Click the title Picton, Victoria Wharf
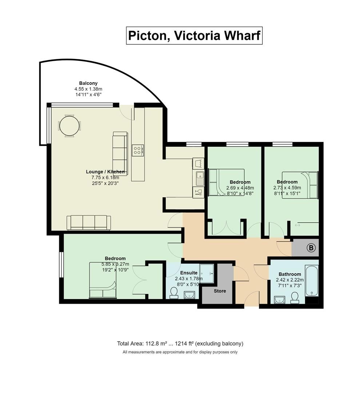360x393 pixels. click(x=194, y=36)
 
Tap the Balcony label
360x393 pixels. click(x=88, y=83)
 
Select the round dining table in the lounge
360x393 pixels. click(x=69, y=126)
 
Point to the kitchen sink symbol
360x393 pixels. click(x=199, y=177)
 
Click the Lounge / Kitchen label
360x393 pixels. click(x=105, y=172)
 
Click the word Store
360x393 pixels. click(x=220, y=291)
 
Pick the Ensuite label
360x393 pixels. click(x=189, y=273)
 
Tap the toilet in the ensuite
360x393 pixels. click(x=174, y=293)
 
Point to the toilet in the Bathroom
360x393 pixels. click(x=295, y=297)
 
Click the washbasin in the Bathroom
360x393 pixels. click(x=279, y=299)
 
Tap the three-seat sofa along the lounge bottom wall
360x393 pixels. click(x=89, y=222)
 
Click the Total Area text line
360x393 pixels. click(x=180, y=344)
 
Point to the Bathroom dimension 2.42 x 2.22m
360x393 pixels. click(x=290, y=281)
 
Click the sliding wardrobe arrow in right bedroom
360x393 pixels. click(x=297, y=225)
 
